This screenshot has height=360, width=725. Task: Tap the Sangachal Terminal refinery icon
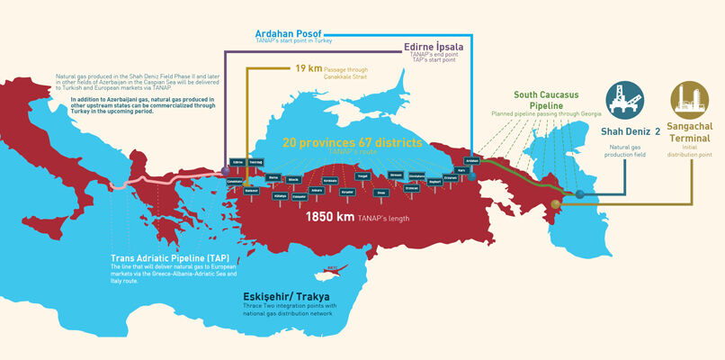tap(690, 101)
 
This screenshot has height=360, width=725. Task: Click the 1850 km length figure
tap(329, 217)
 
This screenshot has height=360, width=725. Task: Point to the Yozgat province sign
tap(362, 176)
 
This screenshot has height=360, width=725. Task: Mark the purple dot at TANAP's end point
tap(224, 169)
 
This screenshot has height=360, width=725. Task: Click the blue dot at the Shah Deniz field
tap(580, 194)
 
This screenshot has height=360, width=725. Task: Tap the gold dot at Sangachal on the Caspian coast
tap(556, 205)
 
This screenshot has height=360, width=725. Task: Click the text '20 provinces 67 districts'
tap(352, 142)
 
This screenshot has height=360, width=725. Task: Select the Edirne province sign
tap(237, 162)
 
